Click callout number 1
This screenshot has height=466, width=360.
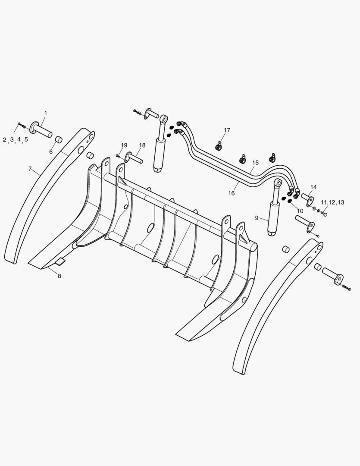[x=46, y=113]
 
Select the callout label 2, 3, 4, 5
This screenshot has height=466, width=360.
[x=16, y=139]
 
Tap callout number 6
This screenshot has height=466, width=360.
[x=51, y=152]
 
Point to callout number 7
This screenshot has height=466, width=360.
[x=30, y=169]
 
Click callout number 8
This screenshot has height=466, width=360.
[x=59, y=276]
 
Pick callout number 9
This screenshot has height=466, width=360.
[x=257, y=218]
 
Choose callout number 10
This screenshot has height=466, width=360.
[x=300, y=211]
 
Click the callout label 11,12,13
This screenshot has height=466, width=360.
[x=332, y=202]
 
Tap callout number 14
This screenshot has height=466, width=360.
[x=313, y=187]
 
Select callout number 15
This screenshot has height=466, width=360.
[x=255, y=163]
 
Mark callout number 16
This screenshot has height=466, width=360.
[x=232, y=193]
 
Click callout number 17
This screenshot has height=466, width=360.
[x=227, y=130]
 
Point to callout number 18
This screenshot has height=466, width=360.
[x=142, y=146]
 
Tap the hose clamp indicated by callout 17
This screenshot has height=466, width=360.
[x=219, y=147]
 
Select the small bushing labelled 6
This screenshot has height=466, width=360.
[x=59, y=140]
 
